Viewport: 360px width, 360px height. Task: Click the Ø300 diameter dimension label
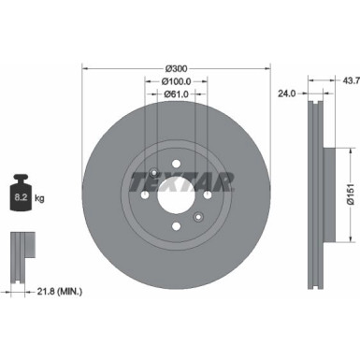(x=177, y=68)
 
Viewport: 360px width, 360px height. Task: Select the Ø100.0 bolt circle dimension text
(x=177, y=81)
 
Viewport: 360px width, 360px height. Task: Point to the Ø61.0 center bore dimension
(x=177, y=94)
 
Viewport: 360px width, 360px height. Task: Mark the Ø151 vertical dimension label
(x=348, y=193)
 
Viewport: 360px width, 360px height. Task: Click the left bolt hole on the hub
(x=146, y=196)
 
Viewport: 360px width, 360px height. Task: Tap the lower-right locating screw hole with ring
(x=198, y=218)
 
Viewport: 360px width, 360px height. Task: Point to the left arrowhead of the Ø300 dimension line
(x=86, y=68)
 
